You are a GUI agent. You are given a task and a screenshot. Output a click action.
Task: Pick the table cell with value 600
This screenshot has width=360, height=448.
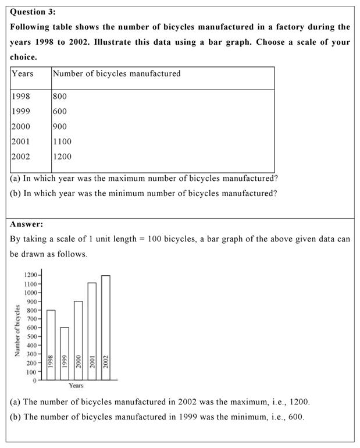coord(59,112)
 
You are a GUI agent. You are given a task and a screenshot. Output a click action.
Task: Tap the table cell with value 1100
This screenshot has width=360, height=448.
coord(62,141)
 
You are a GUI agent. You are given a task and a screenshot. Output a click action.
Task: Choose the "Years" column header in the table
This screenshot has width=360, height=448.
coord(23,74)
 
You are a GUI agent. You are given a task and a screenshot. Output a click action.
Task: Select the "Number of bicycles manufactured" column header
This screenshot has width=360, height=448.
coord(116,74)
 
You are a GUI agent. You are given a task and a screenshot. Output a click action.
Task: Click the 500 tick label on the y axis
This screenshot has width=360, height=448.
coord(31,336)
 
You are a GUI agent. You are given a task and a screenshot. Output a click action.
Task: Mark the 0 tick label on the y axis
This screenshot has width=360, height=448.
coord(34,381)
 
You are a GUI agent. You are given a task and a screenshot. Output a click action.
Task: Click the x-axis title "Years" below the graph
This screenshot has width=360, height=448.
coord(76,386)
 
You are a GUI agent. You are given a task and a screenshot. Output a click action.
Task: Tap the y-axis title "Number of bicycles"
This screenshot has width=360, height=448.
coord(17,330)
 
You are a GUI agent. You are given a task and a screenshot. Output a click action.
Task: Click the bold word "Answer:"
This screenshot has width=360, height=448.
coord(27,224)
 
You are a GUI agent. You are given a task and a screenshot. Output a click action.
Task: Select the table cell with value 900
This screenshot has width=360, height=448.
coord(59,126)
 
